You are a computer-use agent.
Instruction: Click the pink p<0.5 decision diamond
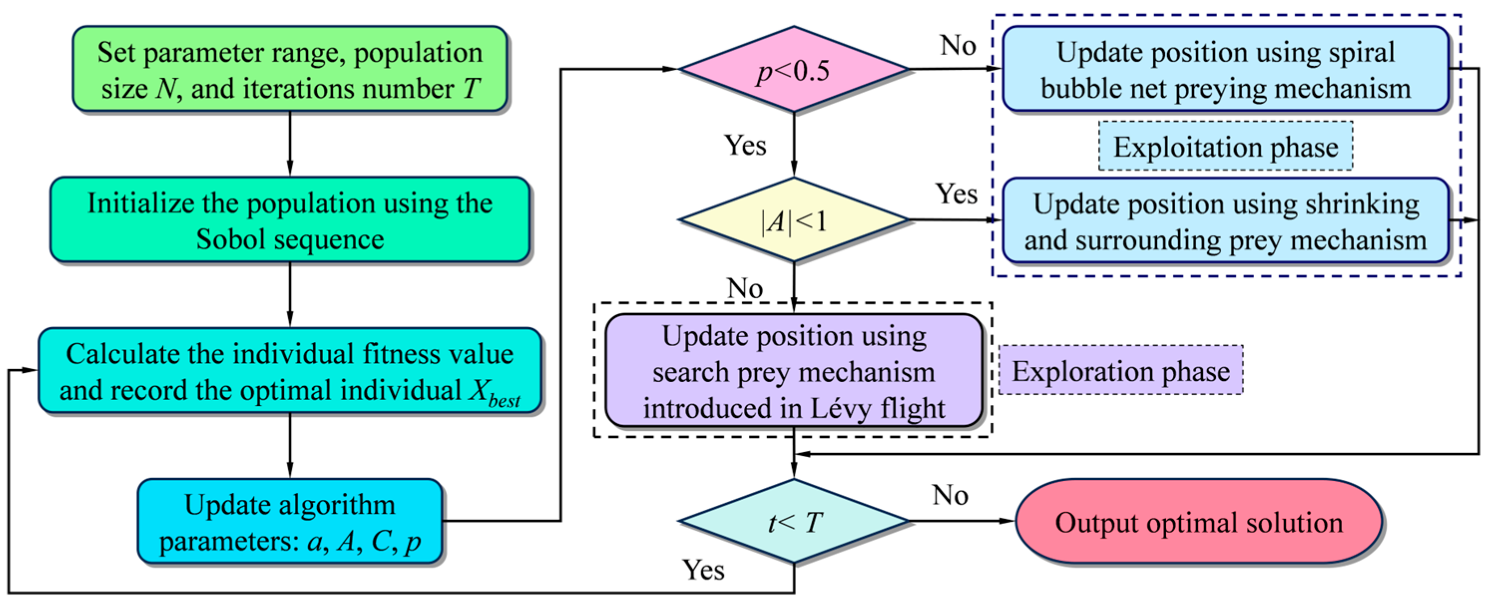pos(794,69)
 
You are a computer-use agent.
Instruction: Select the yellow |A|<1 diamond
pos(794,220)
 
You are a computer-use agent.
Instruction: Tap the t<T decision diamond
pos(794,521)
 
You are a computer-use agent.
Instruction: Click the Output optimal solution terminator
pos(1199,521)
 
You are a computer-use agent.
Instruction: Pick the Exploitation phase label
pos(1225,146)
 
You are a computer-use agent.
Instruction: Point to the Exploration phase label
pos(1121,371)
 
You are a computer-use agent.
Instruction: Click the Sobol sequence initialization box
pos(289,220)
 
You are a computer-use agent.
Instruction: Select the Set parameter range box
pos(289,69)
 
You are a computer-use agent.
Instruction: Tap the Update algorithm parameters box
pos(289,521)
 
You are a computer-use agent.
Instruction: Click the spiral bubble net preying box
pos(1225,69)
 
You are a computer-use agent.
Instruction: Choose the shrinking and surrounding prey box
pos(1225,221)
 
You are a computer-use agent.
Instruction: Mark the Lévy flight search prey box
pos(794,371)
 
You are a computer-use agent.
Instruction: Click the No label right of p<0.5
pos(958,45)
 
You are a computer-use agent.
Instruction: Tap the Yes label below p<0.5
pos(745,145)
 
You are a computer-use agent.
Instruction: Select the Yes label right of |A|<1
pos(956,194)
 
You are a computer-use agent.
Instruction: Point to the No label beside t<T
pos(950,495)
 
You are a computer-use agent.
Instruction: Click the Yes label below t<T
pos(703,570)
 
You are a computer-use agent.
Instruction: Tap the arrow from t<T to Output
pos(962,521)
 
